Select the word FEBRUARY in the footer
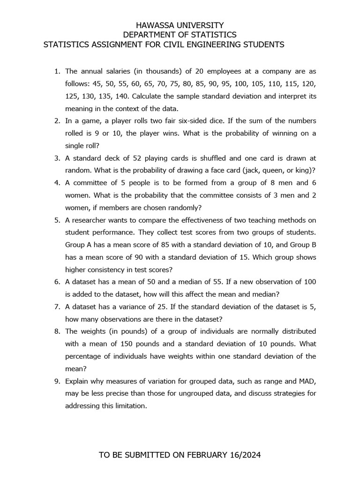tap(208, 455)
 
